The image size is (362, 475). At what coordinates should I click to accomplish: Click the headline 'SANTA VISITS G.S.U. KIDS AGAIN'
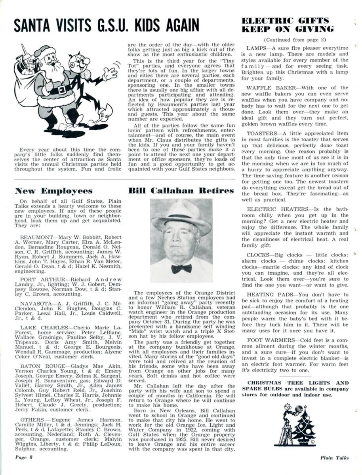[x=107, y=25]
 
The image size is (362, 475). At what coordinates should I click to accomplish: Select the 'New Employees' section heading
[x=53, y=191]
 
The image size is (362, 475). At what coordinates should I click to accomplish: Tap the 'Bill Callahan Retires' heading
[x=181, y=191]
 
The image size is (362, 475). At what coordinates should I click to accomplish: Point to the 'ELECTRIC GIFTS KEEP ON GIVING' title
[x=288, y=25]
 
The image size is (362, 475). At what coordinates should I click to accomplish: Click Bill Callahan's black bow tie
[x=181, y=268]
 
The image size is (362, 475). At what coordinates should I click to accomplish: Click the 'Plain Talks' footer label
[x=335, y=458]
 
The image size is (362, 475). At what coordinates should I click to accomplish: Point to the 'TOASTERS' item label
[x=260, y=133]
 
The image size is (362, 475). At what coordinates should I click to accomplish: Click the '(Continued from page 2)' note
[x=290, y=40]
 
